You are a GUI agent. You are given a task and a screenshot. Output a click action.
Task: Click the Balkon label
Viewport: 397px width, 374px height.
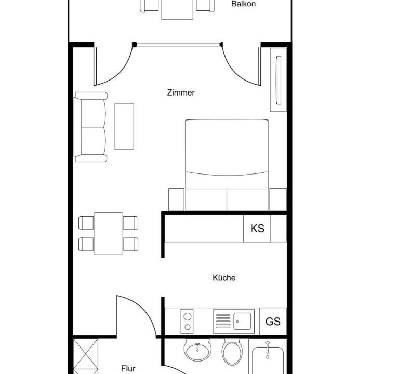coord(243,4)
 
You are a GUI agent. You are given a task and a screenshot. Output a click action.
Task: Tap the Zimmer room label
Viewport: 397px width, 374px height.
coord(181,92)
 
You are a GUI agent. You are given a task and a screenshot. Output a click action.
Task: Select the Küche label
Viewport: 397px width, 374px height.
coord(224,278)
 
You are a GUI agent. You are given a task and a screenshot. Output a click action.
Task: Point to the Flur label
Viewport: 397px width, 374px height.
coord(128,368)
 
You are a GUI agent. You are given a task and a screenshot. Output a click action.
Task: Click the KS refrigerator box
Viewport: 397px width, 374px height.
coord(257,228)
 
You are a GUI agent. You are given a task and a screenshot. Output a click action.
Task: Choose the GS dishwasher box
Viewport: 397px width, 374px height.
coord(273,322)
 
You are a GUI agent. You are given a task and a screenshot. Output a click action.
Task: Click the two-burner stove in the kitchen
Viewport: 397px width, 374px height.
coord(188,321)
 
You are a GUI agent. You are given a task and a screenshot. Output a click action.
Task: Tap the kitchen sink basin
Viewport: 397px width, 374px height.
coord(242,322)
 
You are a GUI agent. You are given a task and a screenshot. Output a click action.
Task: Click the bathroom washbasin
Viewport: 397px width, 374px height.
coord(197,350)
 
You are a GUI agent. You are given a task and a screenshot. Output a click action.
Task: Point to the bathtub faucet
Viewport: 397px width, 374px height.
coord(268,350)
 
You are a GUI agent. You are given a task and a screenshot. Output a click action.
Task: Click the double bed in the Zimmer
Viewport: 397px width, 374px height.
coord(227,165)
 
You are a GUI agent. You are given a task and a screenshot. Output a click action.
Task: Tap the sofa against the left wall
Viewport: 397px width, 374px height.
coord(90,127)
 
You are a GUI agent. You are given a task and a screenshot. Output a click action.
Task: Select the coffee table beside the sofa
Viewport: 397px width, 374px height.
coord(124,126)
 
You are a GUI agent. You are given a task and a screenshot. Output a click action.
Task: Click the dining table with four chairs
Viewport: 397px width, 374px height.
coord(109,234)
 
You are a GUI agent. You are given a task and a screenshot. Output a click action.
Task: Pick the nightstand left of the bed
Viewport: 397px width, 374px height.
coord(176,199)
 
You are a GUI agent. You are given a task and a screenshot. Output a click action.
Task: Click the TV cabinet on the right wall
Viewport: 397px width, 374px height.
coord(279,79)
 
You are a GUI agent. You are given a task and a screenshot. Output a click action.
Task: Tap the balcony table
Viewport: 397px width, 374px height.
coord(177,10)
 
